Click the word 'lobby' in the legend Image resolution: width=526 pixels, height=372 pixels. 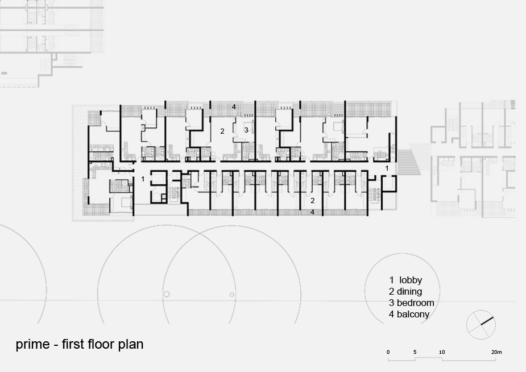411,280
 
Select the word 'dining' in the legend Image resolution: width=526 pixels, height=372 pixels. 409,291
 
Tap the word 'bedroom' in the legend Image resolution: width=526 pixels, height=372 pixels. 415,303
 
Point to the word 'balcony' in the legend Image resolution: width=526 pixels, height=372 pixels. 413,315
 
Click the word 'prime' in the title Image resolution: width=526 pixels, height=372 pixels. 32,345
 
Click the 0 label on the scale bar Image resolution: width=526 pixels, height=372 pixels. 388,352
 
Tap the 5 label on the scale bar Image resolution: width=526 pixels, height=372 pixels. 415,352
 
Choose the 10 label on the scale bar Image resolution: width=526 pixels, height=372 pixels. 442,352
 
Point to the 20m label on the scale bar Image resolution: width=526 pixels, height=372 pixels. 496,352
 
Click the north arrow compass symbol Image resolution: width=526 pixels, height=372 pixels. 481,325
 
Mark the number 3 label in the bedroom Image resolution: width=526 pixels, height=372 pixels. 246,130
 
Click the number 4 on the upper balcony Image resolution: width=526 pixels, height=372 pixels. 234,107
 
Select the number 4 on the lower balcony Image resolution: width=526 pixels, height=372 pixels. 312,212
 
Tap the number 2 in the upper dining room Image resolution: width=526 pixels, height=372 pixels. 222,131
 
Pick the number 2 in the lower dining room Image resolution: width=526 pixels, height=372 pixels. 313,201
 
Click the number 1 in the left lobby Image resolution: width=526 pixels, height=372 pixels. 143,179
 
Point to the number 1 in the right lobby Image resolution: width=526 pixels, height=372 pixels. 387,168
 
